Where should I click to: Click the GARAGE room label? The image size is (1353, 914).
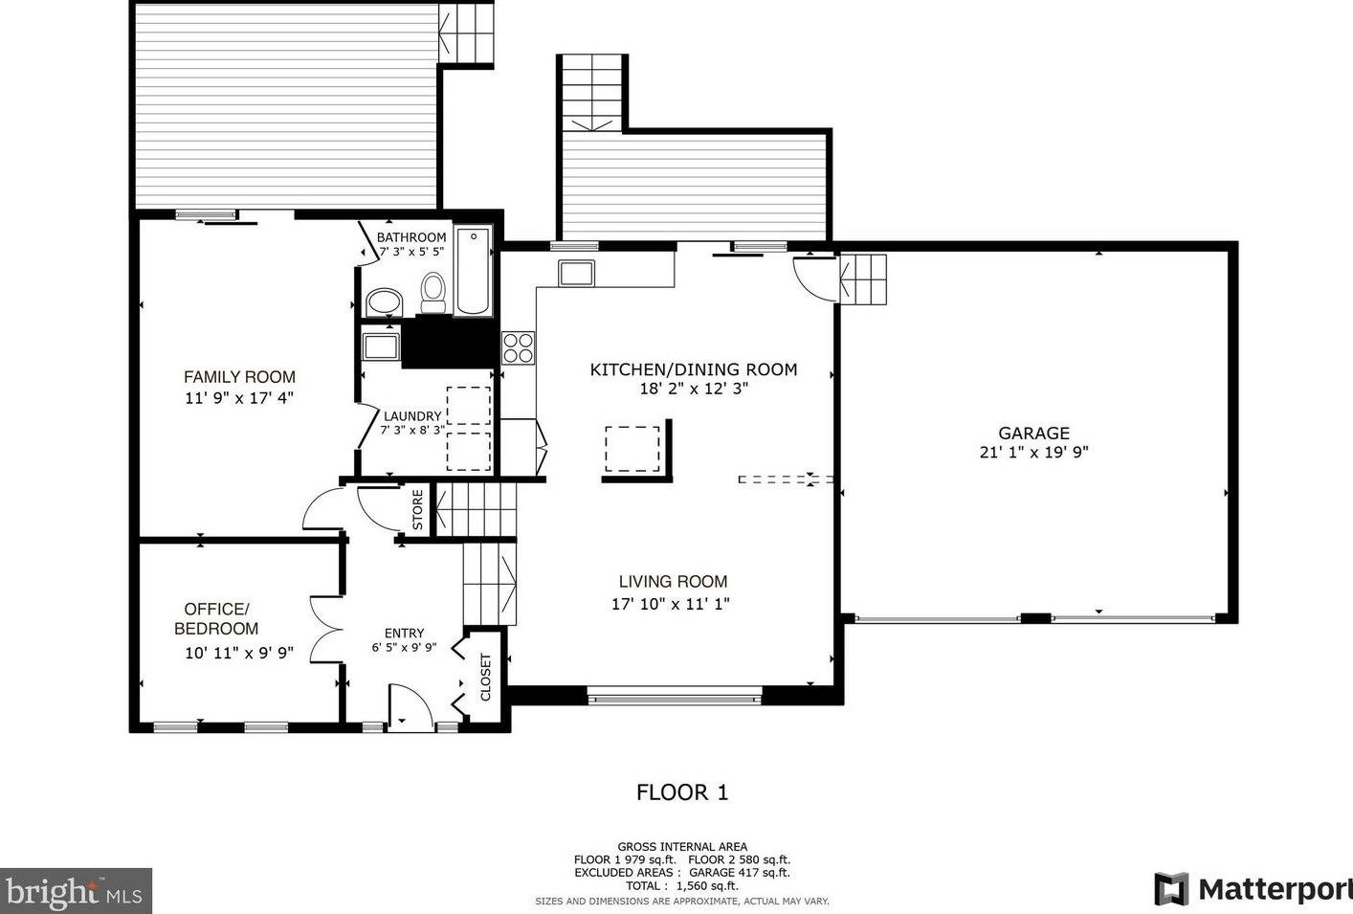pos(1033,434)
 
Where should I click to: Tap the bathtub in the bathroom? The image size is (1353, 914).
pos(473,271)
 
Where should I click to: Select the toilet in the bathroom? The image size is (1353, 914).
pos(433,292)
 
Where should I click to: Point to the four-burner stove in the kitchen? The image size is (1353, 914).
pos(519,348)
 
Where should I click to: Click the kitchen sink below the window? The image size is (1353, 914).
pos(576,273)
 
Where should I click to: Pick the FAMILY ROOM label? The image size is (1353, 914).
pos(240,377)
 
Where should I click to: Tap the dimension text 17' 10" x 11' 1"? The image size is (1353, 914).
pos(671,604)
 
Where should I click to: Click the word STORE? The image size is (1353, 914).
pos(418,510)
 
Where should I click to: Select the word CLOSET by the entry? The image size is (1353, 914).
pos(486,677)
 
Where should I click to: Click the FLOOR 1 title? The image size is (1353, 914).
pos(682,791)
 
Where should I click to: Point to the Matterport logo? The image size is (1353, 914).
pos(1253,889)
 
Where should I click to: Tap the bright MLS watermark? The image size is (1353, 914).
pos(76,891)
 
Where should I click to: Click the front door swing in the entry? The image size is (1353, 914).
pos(410,707)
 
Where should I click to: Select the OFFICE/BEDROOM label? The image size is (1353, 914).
pos(216,618)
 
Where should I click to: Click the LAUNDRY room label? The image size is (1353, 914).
pos(412,416)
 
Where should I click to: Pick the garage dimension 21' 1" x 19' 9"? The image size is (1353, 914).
pos(1033,453)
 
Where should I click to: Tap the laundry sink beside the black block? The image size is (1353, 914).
pos(381,346)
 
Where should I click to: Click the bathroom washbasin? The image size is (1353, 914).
pos(384,301)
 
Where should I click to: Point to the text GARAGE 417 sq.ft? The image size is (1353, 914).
pos(740,872)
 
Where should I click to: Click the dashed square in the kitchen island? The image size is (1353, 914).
pos(632,449)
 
